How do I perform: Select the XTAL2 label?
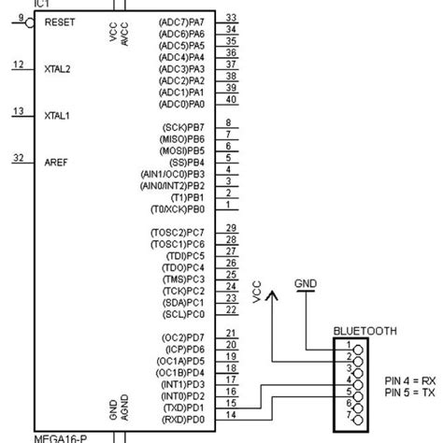click(x=58, y=69)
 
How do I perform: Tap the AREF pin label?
click(x=56, y=163)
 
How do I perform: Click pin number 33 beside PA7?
click(x=231, y=17)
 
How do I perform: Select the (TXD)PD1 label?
click(x=182, y=407)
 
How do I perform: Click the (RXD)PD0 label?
click(x=181, y=419)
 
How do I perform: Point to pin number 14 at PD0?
click(x=231, y=415)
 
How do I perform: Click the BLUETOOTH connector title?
click(x=365, y=331)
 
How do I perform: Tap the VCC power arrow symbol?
click(x=272, y=294)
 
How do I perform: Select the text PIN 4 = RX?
click(x=409, y=380)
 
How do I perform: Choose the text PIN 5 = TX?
click(x=409, y=393)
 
